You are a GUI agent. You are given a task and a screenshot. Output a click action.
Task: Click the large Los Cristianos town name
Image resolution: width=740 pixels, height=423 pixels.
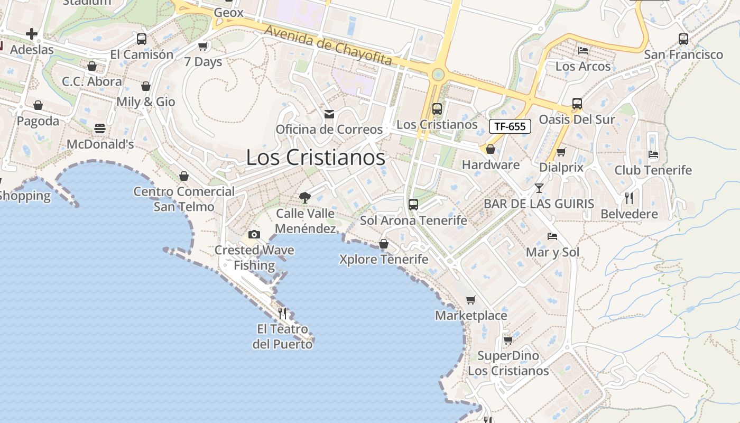316,158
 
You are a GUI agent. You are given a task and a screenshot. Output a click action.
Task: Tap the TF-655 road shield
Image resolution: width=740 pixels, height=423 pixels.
510,126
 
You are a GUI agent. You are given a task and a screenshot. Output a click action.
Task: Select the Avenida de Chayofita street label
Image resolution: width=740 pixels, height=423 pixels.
328,45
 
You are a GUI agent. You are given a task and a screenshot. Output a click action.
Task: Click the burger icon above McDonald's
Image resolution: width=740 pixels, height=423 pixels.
100,128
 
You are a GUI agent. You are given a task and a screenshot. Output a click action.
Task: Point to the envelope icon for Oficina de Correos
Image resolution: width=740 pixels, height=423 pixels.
329,114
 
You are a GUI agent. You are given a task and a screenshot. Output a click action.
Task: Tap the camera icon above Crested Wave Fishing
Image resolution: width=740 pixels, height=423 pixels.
254,234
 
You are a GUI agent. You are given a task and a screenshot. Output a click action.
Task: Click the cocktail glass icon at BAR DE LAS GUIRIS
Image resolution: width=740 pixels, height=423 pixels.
539,188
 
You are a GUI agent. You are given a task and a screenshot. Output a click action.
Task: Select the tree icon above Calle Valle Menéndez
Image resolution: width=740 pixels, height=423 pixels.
304,198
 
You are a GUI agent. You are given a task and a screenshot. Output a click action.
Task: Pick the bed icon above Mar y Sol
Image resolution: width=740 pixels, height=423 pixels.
552,236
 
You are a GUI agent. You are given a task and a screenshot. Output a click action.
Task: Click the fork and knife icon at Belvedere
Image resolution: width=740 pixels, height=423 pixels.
629,198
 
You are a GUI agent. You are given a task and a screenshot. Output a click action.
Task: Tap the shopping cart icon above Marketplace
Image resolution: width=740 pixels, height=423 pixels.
471,300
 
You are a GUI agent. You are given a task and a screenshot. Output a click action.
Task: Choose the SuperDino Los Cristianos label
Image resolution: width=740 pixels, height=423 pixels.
508,363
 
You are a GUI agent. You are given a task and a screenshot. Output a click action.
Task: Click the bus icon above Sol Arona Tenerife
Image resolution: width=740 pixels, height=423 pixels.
413,205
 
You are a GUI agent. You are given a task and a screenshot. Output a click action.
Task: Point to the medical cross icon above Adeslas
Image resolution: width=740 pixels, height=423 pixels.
32,34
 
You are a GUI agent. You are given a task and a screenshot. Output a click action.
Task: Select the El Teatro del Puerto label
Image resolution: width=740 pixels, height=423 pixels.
282,337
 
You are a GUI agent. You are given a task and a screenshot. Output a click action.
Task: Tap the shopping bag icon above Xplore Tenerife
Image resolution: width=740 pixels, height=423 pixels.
384,244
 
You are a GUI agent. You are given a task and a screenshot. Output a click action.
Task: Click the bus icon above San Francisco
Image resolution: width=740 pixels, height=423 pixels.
683,39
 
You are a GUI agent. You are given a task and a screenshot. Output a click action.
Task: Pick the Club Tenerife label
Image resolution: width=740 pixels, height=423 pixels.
653,170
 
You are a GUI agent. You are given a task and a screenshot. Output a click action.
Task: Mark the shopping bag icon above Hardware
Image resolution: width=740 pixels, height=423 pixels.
491,149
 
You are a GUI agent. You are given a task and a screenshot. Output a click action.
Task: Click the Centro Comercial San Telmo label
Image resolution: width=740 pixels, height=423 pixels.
184,199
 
